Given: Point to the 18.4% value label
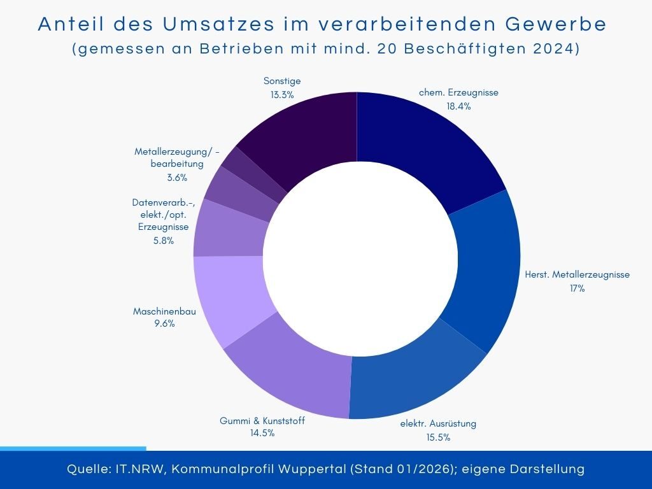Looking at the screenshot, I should coord(458,106).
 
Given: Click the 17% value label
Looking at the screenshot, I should coord(577,288).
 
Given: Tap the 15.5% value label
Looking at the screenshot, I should coord(438,437).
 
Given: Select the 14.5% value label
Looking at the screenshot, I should coord(262,434).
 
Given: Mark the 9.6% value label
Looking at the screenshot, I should coord(164,323).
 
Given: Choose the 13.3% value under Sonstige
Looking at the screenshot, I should coord(281,95).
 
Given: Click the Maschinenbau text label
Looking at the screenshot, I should coord(164,311).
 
